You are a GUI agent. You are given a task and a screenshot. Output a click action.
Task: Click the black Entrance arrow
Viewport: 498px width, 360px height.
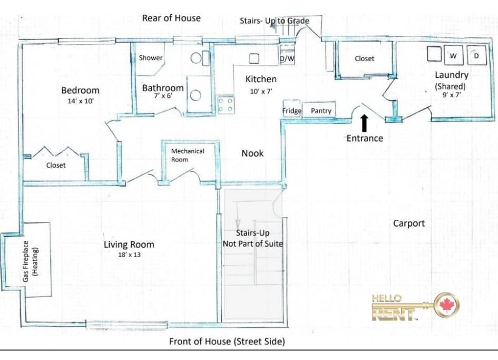coord(364,123)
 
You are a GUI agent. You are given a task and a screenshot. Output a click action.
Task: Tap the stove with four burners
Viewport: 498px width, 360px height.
coord(226,105)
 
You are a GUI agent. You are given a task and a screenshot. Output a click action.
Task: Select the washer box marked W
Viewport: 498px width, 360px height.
coord(453,55)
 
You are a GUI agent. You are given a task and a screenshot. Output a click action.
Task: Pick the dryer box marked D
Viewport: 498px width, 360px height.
coord(476,55)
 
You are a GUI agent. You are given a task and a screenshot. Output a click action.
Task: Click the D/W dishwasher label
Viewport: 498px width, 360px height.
coord(287,59)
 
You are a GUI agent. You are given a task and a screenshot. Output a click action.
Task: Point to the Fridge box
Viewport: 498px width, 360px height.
coord(292,109)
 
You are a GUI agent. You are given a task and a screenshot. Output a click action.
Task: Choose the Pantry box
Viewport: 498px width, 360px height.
coord(319,110)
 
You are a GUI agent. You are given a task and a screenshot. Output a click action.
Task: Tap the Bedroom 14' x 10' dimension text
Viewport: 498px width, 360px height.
coord(80,101)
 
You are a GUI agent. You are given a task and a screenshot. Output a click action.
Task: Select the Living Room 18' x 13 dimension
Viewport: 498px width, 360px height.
coord(129,255)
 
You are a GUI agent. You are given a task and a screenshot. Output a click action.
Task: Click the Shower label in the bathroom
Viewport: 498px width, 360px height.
coord(151,57)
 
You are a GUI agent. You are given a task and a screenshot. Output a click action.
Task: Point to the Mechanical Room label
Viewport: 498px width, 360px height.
coord(188,155)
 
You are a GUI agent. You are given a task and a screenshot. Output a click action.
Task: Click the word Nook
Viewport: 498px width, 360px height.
coord(252,153)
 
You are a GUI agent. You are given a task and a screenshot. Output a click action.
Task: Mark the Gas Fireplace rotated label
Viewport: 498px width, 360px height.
coord(30,261)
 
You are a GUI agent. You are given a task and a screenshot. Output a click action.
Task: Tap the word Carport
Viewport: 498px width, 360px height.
coord(409,223)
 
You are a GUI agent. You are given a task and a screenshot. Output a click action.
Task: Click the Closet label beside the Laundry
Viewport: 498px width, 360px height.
coord(364,59)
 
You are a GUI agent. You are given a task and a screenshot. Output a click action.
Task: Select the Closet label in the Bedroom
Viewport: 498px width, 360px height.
coord(56,165)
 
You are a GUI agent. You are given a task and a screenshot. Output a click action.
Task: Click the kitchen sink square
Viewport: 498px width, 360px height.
coord(254,59)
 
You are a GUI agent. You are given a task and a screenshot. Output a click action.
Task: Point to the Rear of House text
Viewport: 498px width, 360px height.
coord(171,18)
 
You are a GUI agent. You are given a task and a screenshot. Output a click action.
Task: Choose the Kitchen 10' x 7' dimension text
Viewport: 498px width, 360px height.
coord(261,92)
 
